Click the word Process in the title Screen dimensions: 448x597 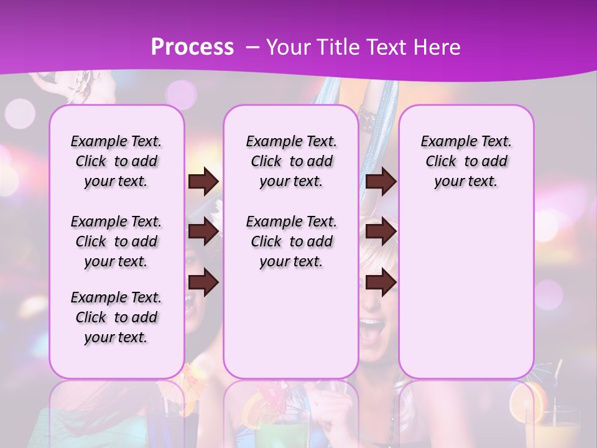(x=192, y=47)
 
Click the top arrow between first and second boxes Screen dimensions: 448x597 (x=203, y=181)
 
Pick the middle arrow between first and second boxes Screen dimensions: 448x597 (x=203, y=232)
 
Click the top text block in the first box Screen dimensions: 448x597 (x=116, y=161)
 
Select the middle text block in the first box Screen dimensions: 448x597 (x=116, y=241)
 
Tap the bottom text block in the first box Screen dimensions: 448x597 (x=116, y=317)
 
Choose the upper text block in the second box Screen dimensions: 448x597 (x=291, y=161)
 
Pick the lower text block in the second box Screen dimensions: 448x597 (x=291, y=241)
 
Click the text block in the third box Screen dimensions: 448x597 (x=466, y=161)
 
